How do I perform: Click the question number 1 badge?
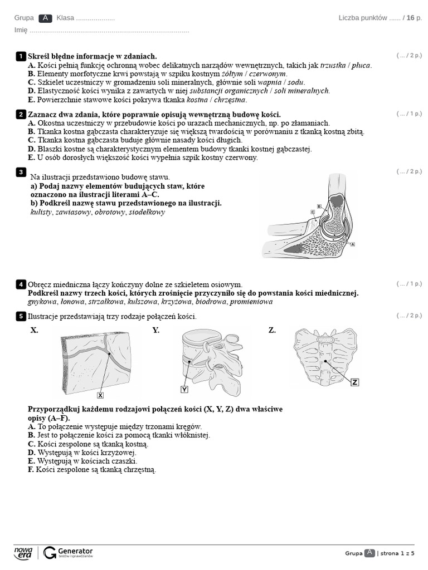(x=21, y=56)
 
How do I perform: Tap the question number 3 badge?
(x=21, y=172)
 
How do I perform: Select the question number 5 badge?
(x=21, y=316)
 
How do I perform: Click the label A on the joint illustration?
(x=353, y=244)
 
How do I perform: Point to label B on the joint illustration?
(x=319, y=206)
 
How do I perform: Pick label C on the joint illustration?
(x=312, y=212)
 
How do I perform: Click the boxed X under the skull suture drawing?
(x=100, y=395)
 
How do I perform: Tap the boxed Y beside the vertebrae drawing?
(x=184, y=389)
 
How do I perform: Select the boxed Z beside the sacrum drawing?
(x=355, y=382)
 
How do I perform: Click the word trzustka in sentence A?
(x=333, y=65)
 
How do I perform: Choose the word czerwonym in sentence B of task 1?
(x=267, y=73)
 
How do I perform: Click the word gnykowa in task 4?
(x=42, y=302)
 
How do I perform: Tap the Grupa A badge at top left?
(x=46, y=18)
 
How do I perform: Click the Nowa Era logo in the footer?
(x=23, y=552)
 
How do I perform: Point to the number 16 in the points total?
(x=410, y=18)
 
